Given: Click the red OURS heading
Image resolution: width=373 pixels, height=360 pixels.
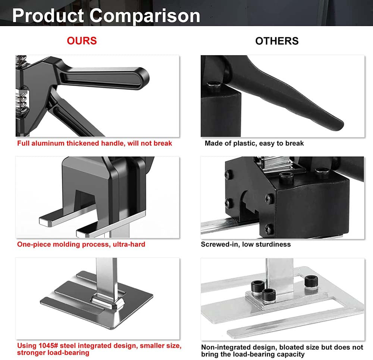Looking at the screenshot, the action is (x=82, y=41).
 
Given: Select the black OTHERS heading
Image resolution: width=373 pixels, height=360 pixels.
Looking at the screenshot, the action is (x=277, y=41).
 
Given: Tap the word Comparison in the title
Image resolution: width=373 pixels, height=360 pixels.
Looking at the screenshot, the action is (x=145, y=16).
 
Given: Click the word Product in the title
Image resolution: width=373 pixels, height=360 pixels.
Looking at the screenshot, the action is (x=48, y=16).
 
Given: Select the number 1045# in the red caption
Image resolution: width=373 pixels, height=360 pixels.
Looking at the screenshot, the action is (x=48, y=345).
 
